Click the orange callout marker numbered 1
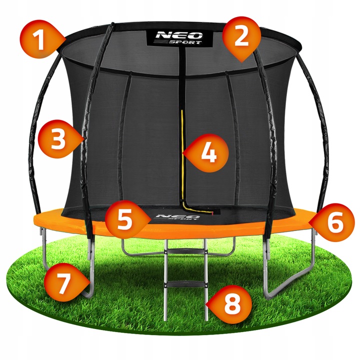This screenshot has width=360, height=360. (x=42, y=39)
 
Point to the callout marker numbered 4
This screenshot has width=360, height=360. (x=206, y=153)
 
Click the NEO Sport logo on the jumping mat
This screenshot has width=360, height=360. (x=177, y=216)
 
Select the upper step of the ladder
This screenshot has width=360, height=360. (x=186, y=251)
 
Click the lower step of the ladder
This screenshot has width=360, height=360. (x=185, y=284)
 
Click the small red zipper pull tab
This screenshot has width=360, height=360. (x=212, y=213)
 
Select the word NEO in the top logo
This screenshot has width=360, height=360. (x=179, y=35)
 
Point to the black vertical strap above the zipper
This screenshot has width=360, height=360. (x=182, y=78)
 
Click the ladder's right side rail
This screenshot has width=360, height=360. (x=206, y=279)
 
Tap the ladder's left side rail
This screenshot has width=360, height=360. (x=166, y=279)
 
